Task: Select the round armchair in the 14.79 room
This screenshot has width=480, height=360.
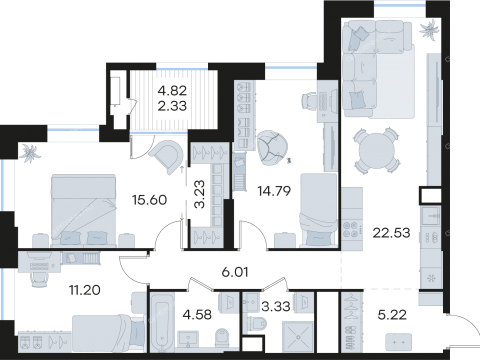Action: click(269, 148)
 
